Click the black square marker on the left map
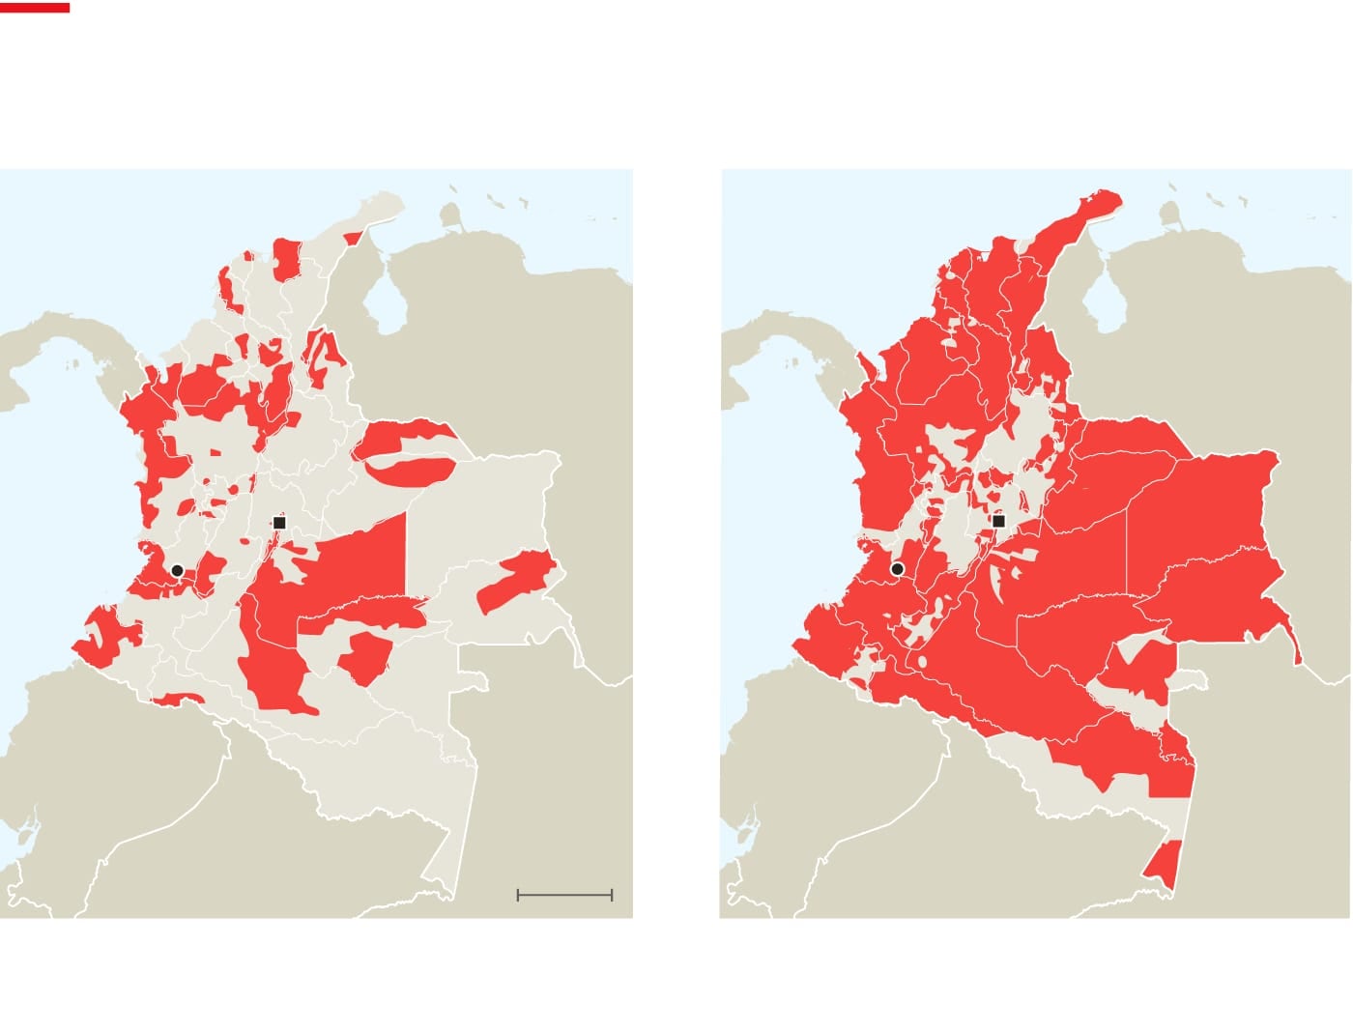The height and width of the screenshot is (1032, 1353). tap(279, 523)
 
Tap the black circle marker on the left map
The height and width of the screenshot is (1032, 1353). tap(177, 571)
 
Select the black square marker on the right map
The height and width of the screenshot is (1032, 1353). tap(999, 522)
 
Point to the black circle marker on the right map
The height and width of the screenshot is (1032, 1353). tap(897, 569)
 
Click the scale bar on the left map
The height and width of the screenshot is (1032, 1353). tap(564, 896)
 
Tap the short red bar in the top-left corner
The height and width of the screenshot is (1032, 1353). tap(35, 8)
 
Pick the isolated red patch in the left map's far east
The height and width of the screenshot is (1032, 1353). tap(515, 580)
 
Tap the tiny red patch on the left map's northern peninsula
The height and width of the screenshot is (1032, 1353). tap(353, 238)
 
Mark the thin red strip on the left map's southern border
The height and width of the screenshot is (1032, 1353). tap(177, 699)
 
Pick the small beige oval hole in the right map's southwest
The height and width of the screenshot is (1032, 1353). tap(922, 662)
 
